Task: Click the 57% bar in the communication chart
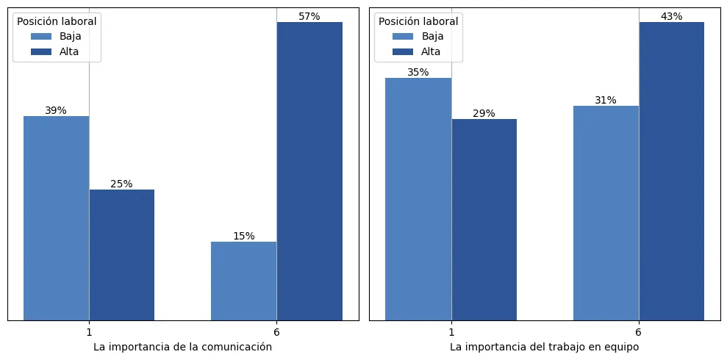click(x=309, y=171)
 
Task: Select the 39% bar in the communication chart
click(x=56, y=218)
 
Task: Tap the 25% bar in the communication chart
click(x=122, y=255)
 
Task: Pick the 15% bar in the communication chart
click(x=243, y=281)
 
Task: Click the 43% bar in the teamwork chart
click(x=671, y=171)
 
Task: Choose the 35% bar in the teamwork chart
click(x=418, y=199)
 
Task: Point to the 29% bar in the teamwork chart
click(x=484, y=220)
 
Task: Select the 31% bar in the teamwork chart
click(x=606, y=213)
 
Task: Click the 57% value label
click(x=309, y=16)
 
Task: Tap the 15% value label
click(x=244, y=236)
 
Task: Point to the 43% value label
click(x=671, y=16)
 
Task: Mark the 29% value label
click(x=484, y=113)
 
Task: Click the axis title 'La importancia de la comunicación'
click(x=183, y=347)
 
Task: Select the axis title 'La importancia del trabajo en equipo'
click(x=545, y=347)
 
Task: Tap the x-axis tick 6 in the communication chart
click(x=276, y=332)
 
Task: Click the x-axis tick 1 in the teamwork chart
click(x=451, y=332)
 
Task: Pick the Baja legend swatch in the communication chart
click(x=41, y=36)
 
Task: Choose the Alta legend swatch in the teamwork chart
click(x=403, y=51)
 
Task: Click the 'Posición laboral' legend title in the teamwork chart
click(x=418, y=21)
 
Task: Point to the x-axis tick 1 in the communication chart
click(x=89, y=332)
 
